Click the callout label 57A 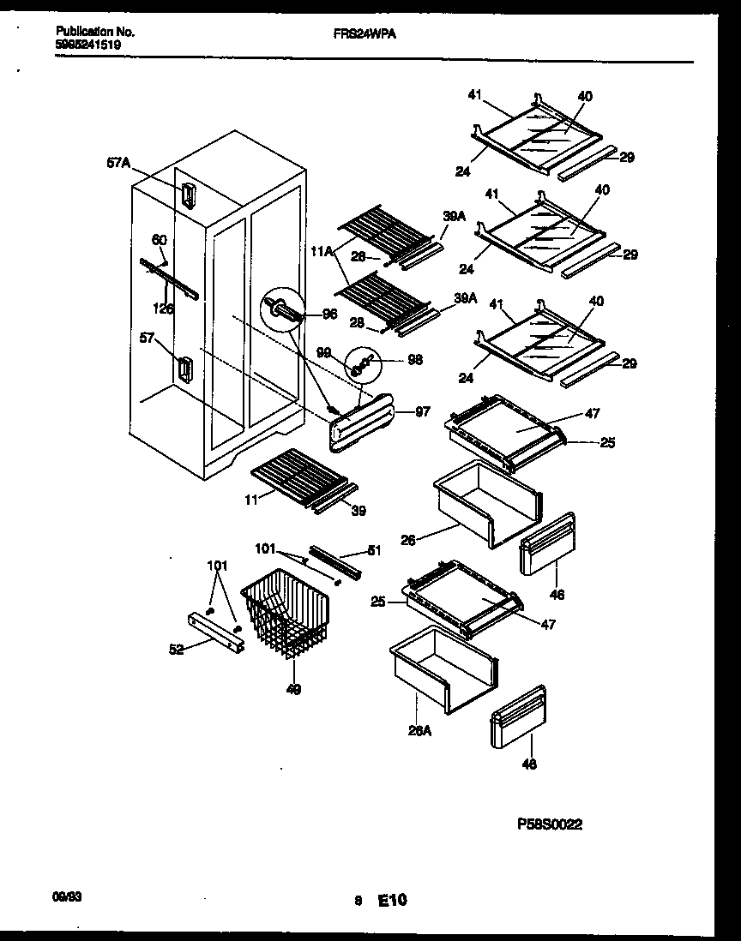click(118, 162)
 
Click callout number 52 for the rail click(177, 650)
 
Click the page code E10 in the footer click(392, 900)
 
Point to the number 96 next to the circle click(328, 315)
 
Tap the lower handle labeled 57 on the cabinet click(184, 369)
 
